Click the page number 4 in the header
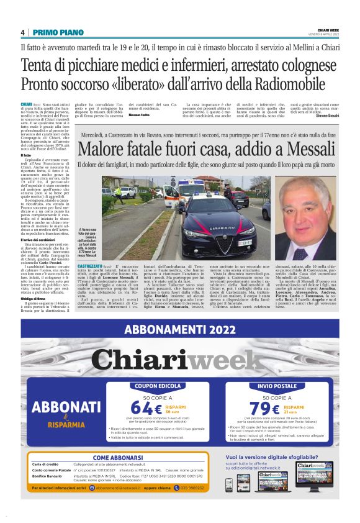tap(22, 32)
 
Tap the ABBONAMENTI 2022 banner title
tap(179, 330)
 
